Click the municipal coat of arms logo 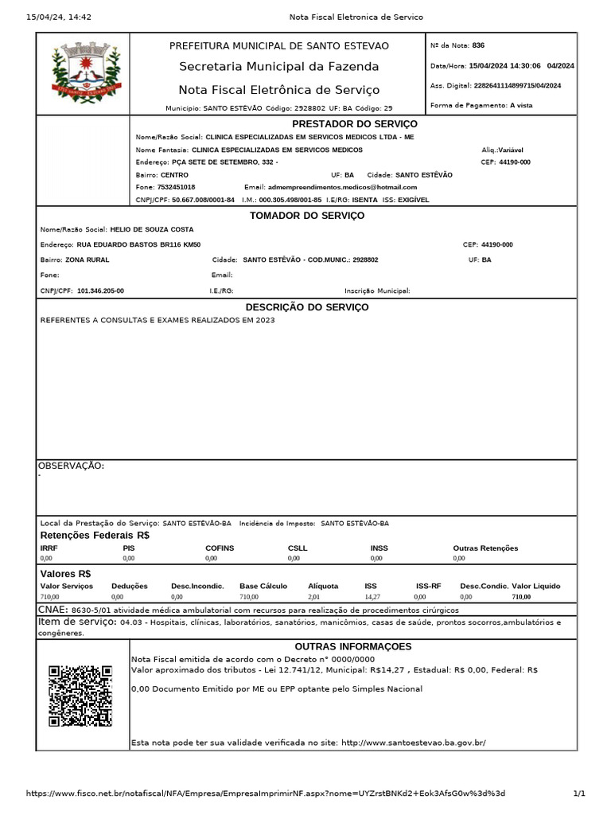coord(84,74)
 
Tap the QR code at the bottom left coord(80,696)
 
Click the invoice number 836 coord(478,45)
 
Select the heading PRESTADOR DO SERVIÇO coord(354,124)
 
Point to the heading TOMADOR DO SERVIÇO coord(307,216)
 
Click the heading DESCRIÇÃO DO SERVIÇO coord(307,307)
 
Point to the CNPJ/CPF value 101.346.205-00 coord(100,291)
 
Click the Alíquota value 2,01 coord(314,596)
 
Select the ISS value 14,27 coord(372,596)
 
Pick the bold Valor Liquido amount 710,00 coord(521,596)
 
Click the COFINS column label coord(220,548)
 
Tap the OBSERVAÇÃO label coord(72,466)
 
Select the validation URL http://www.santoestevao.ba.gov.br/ coord(413,743)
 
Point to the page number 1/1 coord(579,794)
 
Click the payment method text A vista coord(522,105)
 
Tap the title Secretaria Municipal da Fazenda coord(278,67)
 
